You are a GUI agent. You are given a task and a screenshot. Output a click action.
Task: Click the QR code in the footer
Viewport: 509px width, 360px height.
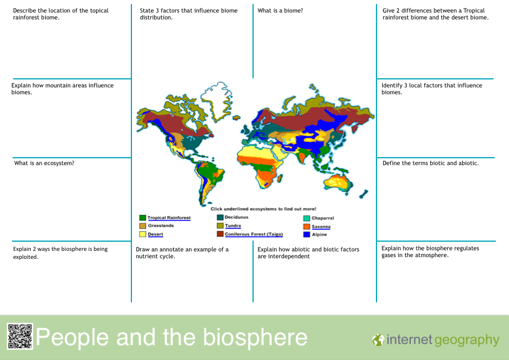pos(20,337)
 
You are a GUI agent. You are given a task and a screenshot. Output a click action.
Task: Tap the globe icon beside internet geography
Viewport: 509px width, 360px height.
pos(378,340)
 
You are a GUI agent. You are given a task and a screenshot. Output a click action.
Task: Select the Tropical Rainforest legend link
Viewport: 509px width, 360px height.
pos(169,218)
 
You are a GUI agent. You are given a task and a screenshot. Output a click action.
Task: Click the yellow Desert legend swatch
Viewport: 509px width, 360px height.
pos(142,234)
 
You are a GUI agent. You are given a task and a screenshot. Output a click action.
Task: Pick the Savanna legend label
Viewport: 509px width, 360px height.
pos(321,227)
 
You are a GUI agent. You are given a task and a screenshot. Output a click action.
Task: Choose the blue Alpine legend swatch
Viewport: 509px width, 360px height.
pos(306,234)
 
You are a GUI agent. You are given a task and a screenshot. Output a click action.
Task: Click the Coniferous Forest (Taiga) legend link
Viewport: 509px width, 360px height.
pos(254,234)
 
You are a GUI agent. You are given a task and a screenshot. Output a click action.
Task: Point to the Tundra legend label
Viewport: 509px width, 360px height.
pos(233,226)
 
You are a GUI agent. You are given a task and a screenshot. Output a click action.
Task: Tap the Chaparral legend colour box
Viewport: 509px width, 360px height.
pos(306,218)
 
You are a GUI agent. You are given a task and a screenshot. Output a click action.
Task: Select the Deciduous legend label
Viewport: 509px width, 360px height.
pos(237,217)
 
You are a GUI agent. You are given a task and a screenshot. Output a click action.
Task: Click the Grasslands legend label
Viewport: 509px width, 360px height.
pos(161,226)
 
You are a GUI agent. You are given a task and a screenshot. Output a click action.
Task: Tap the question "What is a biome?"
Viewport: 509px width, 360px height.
pos(280,10)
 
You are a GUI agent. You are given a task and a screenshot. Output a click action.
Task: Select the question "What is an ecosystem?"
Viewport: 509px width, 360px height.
pos(44,163)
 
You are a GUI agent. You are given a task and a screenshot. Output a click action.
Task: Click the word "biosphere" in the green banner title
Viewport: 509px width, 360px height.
pos(255,338)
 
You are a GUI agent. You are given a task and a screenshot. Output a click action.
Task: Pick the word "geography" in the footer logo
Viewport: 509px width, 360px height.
pos(467,341)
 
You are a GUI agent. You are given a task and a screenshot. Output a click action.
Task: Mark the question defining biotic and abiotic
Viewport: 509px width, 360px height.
pos(430,163)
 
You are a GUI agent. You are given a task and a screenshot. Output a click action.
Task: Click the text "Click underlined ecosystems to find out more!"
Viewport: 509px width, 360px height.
pos(263,209)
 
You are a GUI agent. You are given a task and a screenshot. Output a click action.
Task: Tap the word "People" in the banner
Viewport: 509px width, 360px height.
pos(72,338)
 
